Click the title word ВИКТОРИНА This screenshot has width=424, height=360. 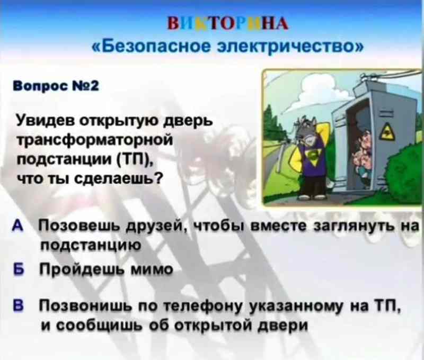click(x=228, y=23)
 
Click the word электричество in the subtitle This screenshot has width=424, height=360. click(x=290, y=47)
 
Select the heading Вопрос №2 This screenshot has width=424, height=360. click(x=56, y=86)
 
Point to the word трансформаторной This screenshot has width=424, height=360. click(x=95, y=141)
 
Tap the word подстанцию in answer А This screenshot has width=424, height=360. click(x=91, y=245)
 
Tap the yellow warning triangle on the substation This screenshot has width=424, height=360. click(x=388, y=131)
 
